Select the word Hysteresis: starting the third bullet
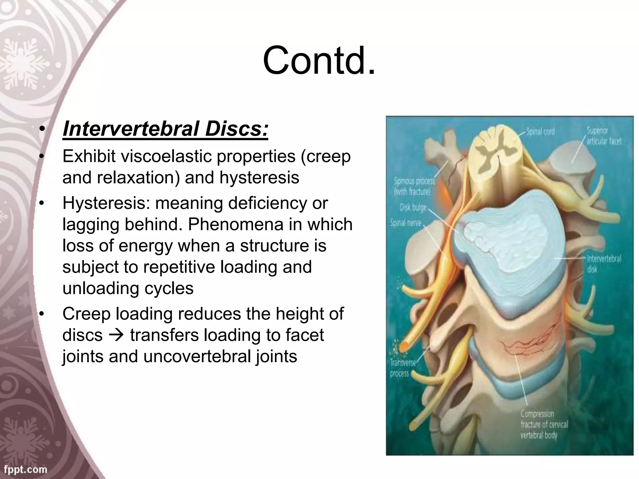(x=106, y=203)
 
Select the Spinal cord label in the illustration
(x=540, y=132)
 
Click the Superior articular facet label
(x=604, y=136)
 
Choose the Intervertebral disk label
(x=604, y=264)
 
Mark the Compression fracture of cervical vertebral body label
(x=544, y=424)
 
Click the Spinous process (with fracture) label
(x=414, y=186)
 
